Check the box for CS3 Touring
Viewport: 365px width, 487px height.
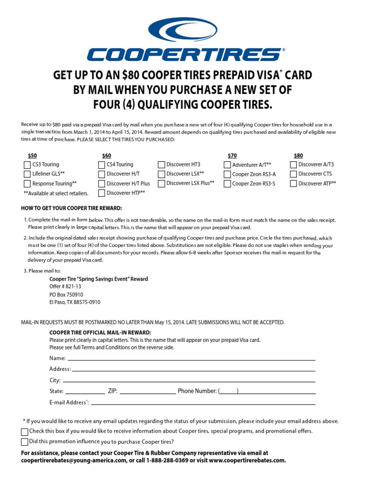[x=27, y=165]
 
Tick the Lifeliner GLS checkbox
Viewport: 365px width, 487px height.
[x=27, y=174]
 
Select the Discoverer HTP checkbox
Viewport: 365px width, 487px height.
[x=102, y=193]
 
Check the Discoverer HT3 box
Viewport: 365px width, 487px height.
[x=162, y=165]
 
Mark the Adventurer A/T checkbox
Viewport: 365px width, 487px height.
[x=227, y=165]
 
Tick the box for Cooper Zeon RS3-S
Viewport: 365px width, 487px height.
[x=227, y=184]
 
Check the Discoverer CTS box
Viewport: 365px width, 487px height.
[x=293, y=174]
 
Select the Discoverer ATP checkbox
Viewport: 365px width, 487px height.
[x=293, y=184]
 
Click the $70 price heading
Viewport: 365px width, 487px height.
[x=232, y=156]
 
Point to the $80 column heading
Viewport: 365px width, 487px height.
[x=298, y=156]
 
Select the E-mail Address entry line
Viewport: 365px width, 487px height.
[x=203, y=403]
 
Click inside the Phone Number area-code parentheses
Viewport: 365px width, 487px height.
[x=229, y=391]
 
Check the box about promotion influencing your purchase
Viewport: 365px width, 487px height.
[x=25, y=442]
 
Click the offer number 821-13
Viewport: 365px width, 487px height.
[x=66, y=286]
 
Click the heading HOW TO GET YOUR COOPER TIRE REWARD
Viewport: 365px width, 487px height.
[x=71, y=208]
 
